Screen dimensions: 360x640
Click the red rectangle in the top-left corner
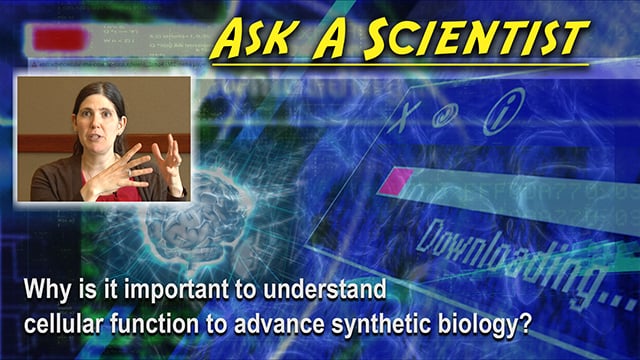(59, 39)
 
